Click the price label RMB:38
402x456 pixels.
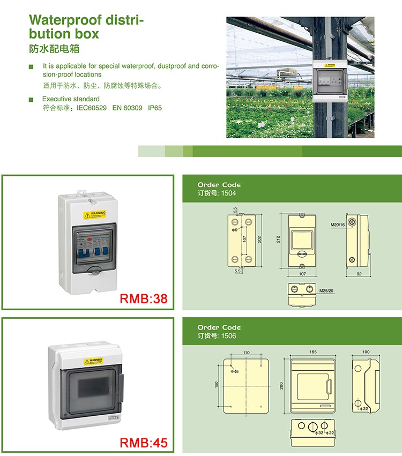tap(143, 298)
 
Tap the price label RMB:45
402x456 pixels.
tap(143, 443)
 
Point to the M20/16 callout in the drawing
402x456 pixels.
tap(338, 225)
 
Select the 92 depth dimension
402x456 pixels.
tap(359, 274)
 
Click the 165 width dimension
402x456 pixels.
tap(312, 352)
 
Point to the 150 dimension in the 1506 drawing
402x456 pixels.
tap(218, 385)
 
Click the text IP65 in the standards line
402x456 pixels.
tap(155, 108)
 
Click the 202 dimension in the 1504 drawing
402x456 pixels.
tap(259, 240)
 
